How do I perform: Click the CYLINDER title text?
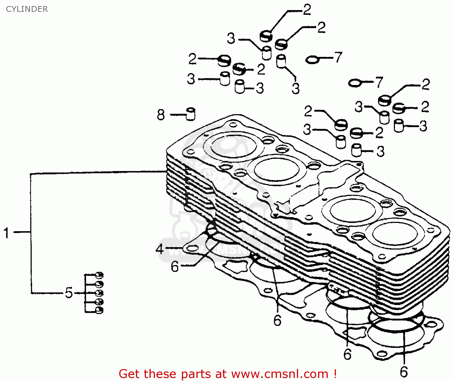point(27,9)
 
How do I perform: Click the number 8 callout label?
point(161,115)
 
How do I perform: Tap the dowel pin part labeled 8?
point(191,114)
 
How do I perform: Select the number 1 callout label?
point(6,233)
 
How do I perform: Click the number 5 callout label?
point(69,293)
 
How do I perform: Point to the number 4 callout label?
point(160,249)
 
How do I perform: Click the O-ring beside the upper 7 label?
point(313,60)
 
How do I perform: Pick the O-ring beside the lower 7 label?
point(355,83)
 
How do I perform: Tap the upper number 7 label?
point(338,57)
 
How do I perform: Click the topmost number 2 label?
point(307,10)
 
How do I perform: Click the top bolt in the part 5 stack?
point(99,275)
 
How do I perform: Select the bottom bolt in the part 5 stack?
point(99,310)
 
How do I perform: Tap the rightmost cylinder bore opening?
point(395,234)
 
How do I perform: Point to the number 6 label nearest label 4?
point(175,267)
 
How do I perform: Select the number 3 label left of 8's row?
point(191,79)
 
